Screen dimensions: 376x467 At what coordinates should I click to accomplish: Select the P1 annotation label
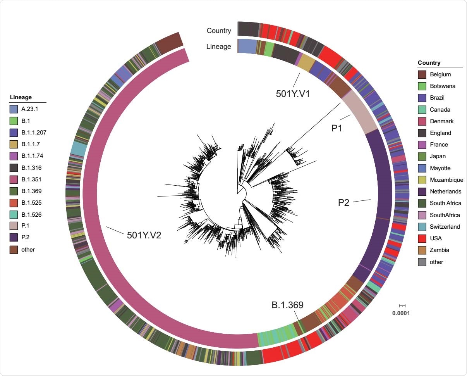point(337,128)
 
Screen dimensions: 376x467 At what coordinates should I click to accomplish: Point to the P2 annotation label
point(343,202)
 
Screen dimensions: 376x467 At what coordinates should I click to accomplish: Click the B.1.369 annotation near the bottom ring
point(287,305)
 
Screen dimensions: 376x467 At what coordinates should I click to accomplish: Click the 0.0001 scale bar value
point(401,313)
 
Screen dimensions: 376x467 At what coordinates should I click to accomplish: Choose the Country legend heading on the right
point(429,63)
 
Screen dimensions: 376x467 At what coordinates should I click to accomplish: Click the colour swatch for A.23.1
point(14,109)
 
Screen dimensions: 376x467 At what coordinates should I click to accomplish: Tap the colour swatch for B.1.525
point(14,203)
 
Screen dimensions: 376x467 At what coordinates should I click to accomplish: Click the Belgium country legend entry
point(440,74)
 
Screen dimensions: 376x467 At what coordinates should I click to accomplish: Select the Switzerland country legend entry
point(445,227)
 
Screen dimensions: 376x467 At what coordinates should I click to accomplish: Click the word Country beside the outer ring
point(219,31)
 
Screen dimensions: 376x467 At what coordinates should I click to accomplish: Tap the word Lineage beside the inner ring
point(218,47)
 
